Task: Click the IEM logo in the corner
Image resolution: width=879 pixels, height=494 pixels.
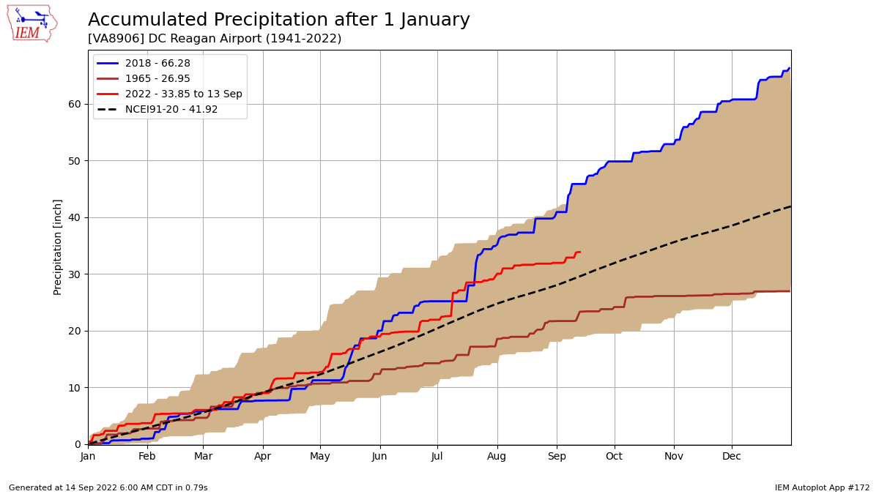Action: (31, 23)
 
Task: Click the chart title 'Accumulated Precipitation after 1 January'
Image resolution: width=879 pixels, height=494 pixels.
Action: (278, 20)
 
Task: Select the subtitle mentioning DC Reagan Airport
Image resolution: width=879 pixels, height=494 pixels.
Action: (214, 39)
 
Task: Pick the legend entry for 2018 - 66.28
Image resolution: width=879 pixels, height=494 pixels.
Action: (157, 64)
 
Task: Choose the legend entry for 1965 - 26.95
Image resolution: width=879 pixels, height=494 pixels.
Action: (157, 79)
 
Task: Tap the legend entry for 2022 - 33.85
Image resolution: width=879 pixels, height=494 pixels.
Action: (183, 94)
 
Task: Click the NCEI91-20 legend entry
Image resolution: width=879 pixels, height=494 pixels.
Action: (171, 110)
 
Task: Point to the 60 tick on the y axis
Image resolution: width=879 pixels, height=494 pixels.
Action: (75, 104)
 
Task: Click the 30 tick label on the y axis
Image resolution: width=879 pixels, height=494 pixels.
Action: (75, 274)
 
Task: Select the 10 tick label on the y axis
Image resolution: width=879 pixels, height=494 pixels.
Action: (75, 388)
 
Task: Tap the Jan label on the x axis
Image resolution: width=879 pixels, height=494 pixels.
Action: (88, 457)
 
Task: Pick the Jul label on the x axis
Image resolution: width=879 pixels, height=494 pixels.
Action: (437, 457)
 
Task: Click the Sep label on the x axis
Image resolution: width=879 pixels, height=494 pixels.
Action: (557, 457)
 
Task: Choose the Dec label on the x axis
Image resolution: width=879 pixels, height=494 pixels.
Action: (732, 457)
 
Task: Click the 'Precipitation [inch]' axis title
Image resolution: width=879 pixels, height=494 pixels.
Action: (58, 247)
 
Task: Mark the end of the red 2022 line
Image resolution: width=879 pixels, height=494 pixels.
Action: (579, 252)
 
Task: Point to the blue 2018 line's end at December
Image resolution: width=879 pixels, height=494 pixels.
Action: (789, 68)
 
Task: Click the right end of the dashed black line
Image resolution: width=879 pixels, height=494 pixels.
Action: (790, 206)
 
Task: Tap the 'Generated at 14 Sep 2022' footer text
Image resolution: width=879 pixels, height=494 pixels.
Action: (108, 488)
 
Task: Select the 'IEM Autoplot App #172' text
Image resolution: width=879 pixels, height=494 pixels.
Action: (822, 488)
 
